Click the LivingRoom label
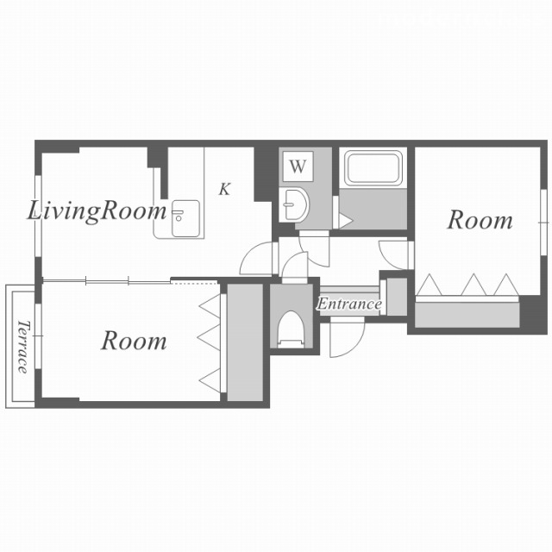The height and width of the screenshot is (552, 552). [x=97, y=212]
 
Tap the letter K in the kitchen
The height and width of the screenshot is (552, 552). [x=224, y=189]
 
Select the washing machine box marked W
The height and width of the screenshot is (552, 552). [x=298, y=166]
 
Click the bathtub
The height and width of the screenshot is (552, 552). [x=373, y=168]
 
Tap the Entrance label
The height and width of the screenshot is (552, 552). [x=348, y=304]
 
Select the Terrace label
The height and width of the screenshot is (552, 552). [x=22, y=347]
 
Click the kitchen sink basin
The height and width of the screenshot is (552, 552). [x=185, y=218]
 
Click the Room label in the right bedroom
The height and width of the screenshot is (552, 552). [x=480, y=221]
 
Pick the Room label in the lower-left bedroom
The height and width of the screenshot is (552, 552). [x=134, y=341]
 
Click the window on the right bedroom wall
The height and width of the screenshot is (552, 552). [x=544, y=223]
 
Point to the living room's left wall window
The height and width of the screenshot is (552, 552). [x=38, y=216]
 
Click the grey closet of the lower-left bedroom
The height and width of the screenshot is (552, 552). [x=245, y=342]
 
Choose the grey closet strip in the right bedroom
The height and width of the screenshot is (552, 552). [x=467, y=315]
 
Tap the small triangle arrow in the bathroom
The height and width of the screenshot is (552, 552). [x=345, y=222]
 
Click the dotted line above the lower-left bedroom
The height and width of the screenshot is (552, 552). [x=194, y=282]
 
